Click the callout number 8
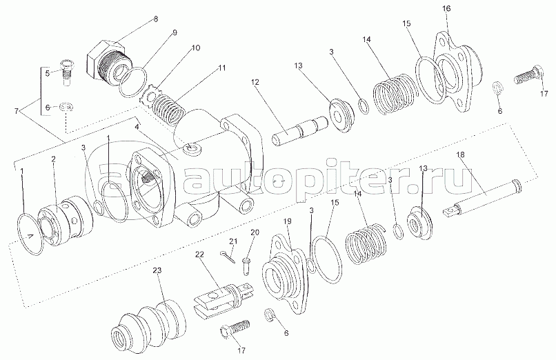(x=156, y=19)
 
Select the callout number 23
(x=157, y=271)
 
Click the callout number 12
(x=255, y=82)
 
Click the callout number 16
(x=446, y=8)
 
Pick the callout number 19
(x=288, y=221)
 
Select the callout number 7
(x=17, y=111)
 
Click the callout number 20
(x=255, y=232)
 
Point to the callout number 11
(x=221, y=68)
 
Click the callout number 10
(x=196, y=48)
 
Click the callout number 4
(x=137, y=126)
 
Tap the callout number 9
(x=175, y=32)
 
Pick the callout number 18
(x=460, y=154)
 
